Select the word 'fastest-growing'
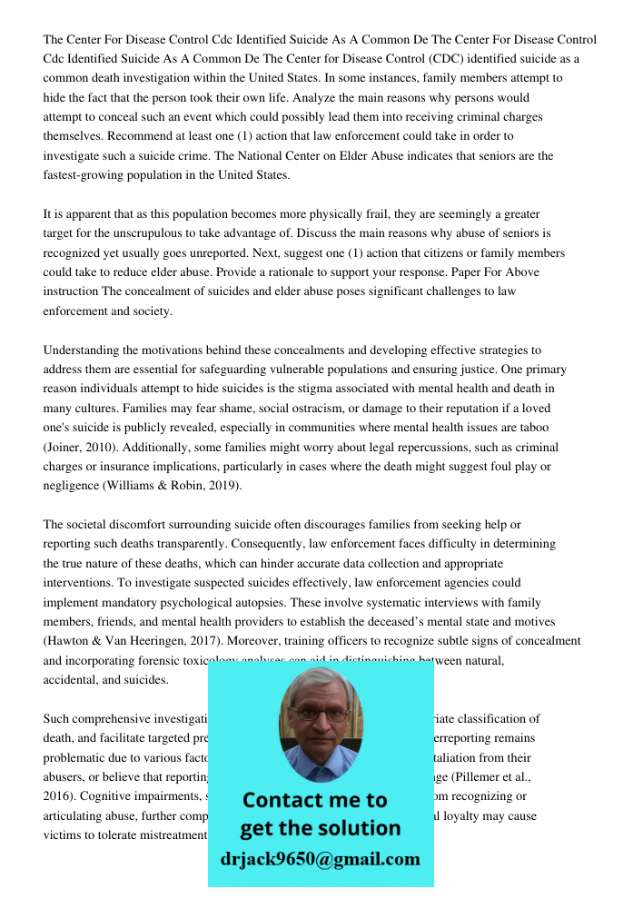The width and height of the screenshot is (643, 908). (x=85, y=175)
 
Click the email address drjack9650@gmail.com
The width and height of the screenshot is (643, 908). (x=320, y=859)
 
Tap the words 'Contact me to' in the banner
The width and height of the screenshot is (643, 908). (x=314, y=800)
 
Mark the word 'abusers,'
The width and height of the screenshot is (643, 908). (x=67, y=776)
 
